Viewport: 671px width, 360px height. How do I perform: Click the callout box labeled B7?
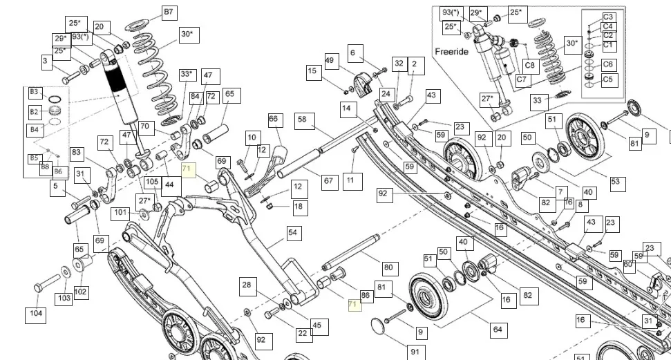point(169,12)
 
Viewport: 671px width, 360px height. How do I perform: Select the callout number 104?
point(35,314)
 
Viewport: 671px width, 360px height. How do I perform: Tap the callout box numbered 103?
point(64,298)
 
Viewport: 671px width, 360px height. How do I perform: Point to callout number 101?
point(121,212)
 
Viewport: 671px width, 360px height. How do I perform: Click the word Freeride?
point(452,52)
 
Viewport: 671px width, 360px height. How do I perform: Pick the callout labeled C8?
point(530,66)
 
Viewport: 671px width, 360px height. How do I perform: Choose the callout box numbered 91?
point(415,352)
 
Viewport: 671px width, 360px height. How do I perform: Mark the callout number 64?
point(497,330)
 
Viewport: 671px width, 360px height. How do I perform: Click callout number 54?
point(294,233)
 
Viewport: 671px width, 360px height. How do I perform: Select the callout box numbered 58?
point(302,119)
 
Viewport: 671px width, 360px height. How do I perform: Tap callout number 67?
point(328,181)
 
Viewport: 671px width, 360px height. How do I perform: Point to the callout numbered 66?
point(274,120)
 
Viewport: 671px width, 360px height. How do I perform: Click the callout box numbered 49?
point(330,61)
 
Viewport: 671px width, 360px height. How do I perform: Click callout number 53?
point(615,183)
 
